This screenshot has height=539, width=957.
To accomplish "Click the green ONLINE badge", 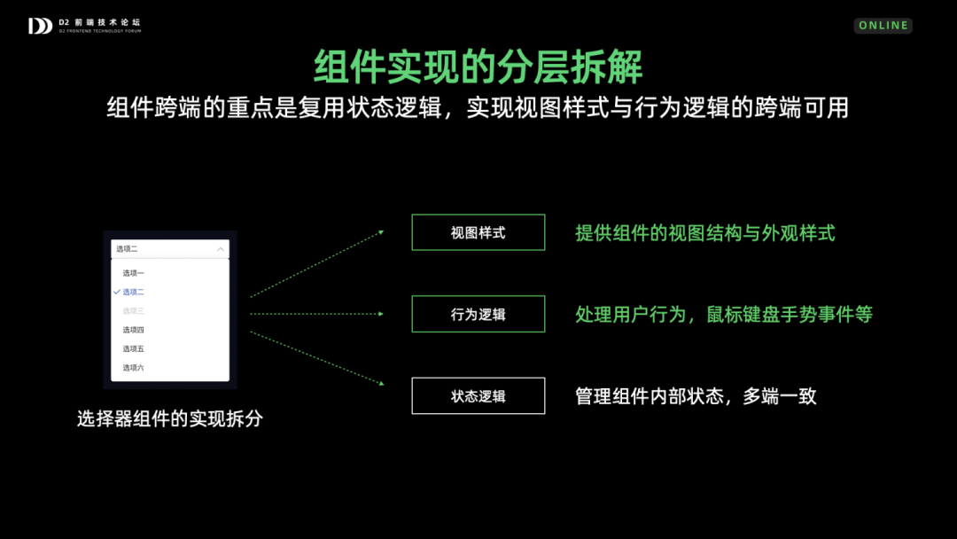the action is pyautogui.click(x=883, y=26).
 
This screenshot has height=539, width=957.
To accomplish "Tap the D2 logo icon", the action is pyautogui.click(x=40, y=26).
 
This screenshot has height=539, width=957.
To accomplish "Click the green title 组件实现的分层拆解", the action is pyautogui.click(x=478, y=66).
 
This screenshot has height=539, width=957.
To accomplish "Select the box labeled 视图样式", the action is pyautogui.click(x=478, y=232).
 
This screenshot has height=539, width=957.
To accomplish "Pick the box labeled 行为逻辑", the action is pyautogui.click(x=478, y=315).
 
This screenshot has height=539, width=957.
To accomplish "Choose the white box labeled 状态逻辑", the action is pyautogui.click(x=478, y=396).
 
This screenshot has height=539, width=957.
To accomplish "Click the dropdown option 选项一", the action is pyautogui.click(x=133, y=273).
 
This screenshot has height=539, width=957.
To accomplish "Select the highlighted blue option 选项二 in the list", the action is pyautogui.click(x=133, y=292).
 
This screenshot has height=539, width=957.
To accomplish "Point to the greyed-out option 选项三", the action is pyautogui.click(x=133, y=310).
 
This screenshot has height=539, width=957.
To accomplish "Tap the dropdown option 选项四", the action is pyautogui.click(x=133, y=330).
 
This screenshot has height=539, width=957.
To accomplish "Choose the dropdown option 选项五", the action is pyautogui.click(x=133, y=348).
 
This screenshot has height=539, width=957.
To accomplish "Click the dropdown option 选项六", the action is pyautogui.click(x=133, y=368).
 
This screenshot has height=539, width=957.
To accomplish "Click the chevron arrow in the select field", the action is pyautogui.click(x=221, y=249).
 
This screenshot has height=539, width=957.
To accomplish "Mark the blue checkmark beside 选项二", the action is pyautogui.click(x=117, y=292).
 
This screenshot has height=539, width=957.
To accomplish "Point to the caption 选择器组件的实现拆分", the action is pyautogui.click(x=170, y=418).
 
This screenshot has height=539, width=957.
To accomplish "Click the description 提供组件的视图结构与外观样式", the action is pyautogui.click(x=705, y=232).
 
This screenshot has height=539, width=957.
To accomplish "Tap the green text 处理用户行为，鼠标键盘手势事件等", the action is pyautogui.click(x=724, y=315).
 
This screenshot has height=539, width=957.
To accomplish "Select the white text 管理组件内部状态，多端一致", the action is pyautogui.click(x=696, y=396).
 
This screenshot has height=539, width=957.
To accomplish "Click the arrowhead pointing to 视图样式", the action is pyautogui.click(x=381, y=232).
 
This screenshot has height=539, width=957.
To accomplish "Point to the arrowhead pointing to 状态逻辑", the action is pyautogui.click(x=381, y=383).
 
